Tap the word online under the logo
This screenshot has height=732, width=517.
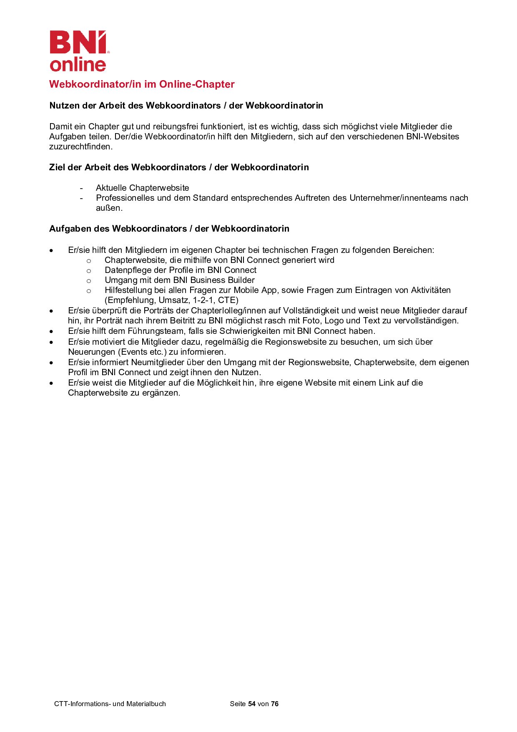point(78,64)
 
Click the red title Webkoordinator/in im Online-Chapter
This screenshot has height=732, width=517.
point(142,84)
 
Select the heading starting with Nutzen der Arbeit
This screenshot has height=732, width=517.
point(186,106)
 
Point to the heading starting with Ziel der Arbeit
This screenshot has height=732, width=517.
point(179,167)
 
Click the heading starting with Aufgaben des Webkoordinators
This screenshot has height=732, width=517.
point(169,229)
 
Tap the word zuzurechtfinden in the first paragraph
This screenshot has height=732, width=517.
point(80,146)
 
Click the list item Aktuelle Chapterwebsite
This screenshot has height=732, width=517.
point(142,188)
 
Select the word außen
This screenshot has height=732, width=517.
point(109,208)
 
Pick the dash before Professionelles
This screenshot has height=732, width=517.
point(81,198)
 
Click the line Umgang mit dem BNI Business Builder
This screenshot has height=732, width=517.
point(179,280)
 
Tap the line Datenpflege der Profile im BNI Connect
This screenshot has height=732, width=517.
point(180,270)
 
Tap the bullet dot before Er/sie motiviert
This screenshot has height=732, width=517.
point(51,342)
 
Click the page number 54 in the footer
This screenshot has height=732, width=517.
point(251,704)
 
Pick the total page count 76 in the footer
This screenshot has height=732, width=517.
point(274,704)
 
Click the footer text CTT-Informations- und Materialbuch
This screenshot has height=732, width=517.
point(110,704)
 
